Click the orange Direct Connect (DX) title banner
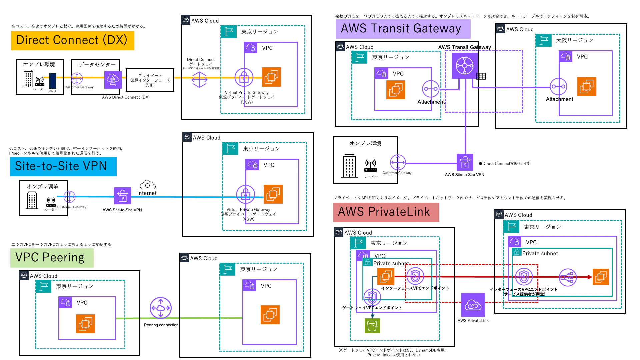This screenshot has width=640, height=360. (x=72, y=40)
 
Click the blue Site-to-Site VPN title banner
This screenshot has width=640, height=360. (x=63, y=166)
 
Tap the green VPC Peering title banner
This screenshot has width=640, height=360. (x=52, y=258)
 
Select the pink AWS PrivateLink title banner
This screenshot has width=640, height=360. (x=386, y=212)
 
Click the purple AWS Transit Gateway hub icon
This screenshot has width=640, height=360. (x=464, y=66)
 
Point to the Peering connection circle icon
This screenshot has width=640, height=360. (x=161, y=308)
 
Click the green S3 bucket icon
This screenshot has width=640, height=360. (x=372, y=326)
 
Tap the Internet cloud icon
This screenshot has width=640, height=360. (x=147, y=185)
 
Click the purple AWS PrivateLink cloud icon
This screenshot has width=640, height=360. (x=473, y=305)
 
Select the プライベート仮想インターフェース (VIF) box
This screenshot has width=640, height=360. (x=150, y=80)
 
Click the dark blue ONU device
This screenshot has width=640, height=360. (x=53, y=81)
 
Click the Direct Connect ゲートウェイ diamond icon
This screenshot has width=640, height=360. (x=199, y=80)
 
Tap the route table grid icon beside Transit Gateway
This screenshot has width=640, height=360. (x=481, y=76)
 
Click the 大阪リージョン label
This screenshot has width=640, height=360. (x=575, y=40)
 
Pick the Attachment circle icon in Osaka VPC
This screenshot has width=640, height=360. (x=558, y=87)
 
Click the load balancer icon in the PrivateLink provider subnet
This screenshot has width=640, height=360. (x=567, y=277)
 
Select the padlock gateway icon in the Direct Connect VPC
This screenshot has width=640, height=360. (x=244, y=78)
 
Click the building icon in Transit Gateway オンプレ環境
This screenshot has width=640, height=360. (x=349, y=166)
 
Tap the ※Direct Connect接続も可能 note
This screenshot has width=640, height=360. (x=504, y=164)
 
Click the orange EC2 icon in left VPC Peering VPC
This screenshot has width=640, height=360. (x=85, y=324)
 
